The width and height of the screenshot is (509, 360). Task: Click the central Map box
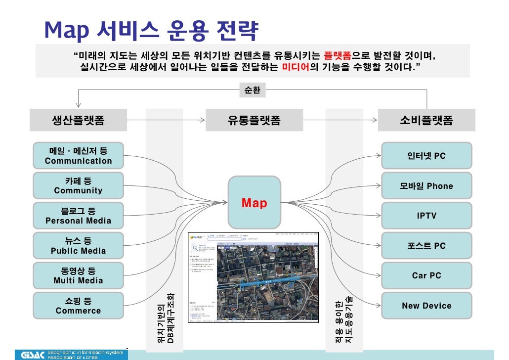pos(254,203)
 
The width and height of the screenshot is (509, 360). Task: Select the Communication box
pos(79,156)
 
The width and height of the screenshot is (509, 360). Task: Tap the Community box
pos(79,185)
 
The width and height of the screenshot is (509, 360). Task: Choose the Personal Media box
pos(79,216)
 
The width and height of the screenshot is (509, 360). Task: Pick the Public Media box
pos(79,246)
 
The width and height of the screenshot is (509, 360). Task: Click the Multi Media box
pos(79,275)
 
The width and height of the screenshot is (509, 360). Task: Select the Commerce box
pos(79,306)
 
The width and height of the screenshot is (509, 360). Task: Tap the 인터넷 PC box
pos(426,156)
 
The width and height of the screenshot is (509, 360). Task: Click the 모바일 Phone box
pos(426,186)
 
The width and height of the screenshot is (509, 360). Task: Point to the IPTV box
pos(426,216)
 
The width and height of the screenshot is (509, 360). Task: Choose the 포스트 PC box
pos(426,246)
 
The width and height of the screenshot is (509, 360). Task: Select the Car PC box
pos(426,275)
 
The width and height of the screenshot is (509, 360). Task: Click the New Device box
pos(426,306)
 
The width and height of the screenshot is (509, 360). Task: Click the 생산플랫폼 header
pos(78,120)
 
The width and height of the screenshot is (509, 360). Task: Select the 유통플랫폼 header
pos(254,120)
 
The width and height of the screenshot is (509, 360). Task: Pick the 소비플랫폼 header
pos(426,120)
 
